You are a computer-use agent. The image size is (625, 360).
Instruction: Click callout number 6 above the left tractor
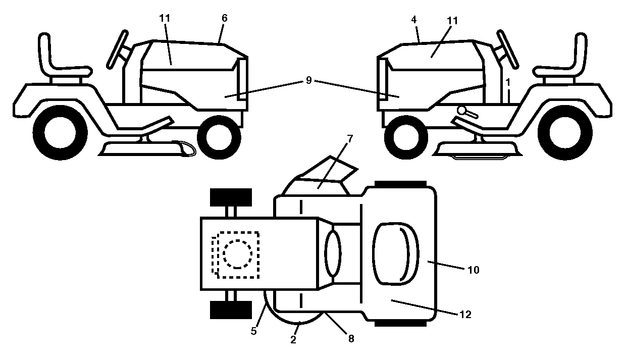pyautogui.click(x=224, y=18)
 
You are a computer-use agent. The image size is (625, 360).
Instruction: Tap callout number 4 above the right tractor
pyautogui.click(x=414, y=20)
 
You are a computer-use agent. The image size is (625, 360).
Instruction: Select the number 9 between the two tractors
pyautogui.click(x=308, y=80)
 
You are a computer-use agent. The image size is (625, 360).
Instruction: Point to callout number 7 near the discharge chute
pyautogui.click(x=350, y=139)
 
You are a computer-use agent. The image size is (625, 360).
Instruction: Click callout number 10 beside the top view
pyautogui.click(x=473, y=270)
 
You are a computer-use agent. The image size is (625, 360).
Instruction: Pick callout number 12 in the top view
pyautogui.click(x=465, y=315)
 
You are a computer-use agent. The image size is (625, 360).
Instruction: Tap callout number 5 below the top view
pyautogui.click(x=253, y=331)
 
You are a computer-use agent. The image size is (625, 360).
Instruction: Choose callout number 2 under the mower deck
pyautogui.click(x=293, y=340)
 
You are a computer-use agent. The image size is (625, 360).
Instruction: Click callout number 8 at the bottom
pyautogui.click(x=351, y=338)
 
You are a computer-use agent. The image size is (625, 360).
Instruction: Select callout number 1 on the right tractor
pyautogui.click(x=508, y=82)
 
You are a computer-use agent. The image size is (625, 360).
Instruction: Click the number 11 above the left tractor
pyautogui.click(x=165, y=18)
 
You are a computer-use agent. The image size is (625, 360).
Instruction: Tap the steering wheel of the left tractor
pyautogui.click(x=118, y=49)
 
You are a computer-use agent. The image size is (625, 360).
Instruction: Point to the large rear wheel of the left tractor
pyautogui.click(x=60, y=133)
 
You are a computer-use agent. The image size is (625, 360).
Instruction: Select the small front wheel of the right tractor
pyautogui.click(x=406, y=137)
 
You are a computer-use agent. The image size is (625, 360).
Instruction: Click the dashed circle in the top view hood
pyautogui.click(x=237, y=254)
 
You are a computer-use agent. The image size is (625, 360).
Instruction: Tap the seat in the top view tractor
pyautogui.click(x=395, y=253)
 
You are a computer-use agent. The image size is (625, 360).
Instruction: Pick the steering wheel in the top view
pyautogui.click(x=333, y=253)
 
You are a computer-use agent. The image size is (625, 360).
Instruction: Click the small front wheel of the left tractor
pyautogui.click(x=219, y=137)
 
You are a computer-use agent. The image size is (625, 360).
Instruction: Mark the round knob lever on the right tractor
pyautogui.click(x=467, y=112)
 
